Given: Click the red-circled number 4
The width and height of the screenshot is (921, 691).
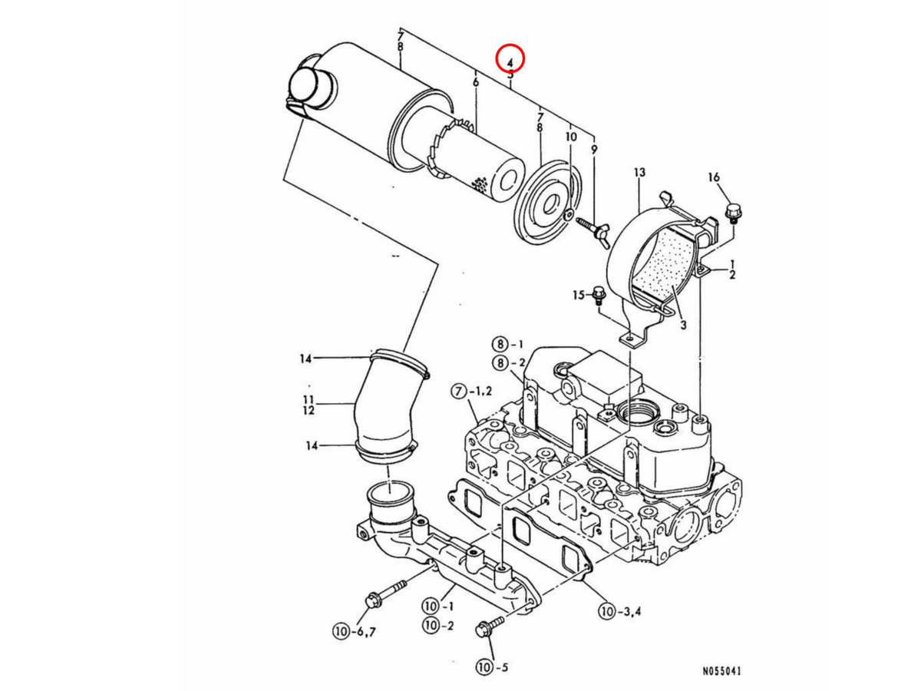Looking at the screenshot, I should pyautogui.click(x=510, y=58).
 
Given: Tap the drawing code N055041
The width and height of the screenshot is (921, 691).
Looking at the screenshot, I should pyautogui.click(x=721, y=670).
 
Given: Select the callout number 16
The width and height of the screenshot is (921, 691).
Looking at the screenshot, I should pyautogui.click(x=714, y=178).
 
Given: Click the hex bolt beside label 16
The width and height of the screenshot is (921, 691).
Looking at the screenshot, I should pyautogui.click(x=732, y=212).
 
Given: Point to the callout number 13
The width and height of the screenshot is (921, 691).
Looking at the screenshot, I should pyautogui.click(x=640, y=174).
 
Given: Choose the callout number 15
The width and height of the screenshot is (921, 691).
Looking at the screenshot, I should pyautogui.click(x=579, y=295).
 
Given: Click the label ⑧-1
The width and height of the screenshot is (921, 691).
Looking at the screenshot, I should pyautogui.click(x=508, y=343).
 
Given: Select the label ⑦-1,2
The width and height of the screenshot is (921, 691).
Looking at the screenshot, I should pyautogui.click(x=472, y=392).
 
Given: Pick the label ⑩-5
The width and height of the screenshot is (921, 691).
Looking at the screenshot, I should pyautogui.click(x=492, y=667).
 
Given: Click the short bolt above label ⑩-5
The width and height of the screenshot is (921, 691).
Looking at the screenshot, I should pyautogui.click(x=488, y=626).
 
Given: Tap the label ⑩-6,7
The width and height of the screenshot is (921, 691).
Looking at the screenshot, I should pyautogui.click(x=350, y=631).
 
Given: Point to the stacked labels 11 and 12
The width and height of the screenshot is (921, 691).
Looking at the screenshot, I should pyautogui.click(x=309, y=405).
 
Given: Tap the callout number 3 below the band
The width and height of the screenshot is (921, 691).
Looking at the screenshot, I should pyautogui.click(x=682, y=325).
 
